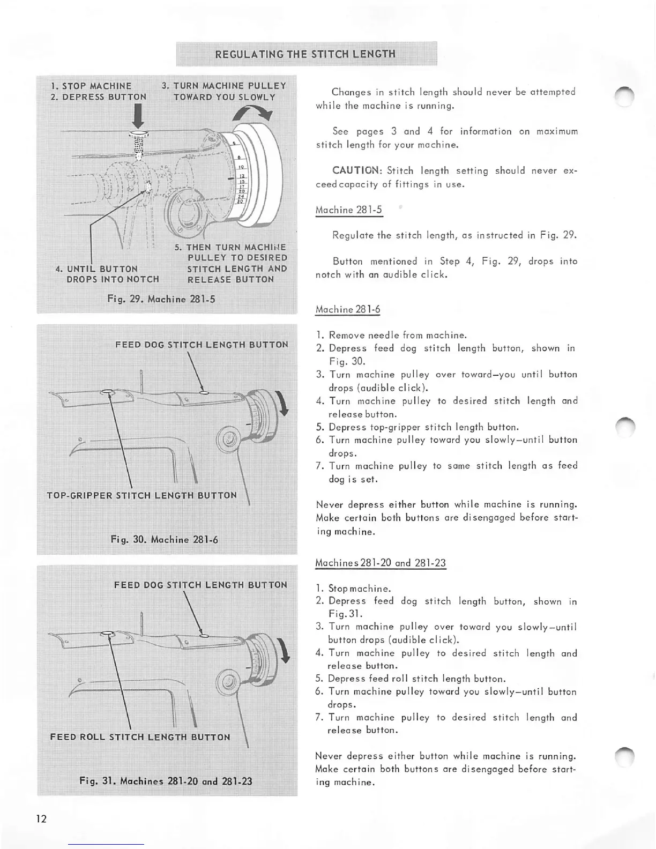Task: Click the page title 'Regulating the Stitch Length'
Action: coord(305,54)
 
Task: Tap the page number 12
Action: coord(41,818)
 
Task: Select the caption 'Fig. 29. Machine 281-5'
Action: coord(161,299)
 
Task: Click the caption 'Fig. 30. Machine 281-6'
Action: coord(165,539)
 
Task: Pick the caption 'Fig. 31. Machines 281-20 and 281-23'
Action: coord(166,781)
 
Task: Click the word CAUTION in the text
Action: coord(356,171)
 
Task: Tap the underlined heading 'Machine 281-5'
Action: coord(349,210)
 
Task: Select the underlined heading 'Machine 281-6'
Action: coord(348,310)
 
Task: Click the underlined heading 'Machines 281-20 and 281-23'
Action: coord(381,563)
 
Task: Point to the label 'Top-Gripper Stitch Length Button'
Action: coord(141,495)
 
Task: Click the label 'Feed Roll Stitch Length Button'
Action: coord(140,737)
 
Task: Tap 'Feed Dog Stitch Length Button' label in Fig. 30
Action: coord(202,345)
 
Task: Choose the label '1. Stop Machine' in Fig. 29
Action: coord(92,86)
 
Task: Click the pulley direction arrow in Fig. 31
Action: coord(284,651)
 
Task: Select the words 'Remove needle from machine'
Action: coord(398,336)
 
